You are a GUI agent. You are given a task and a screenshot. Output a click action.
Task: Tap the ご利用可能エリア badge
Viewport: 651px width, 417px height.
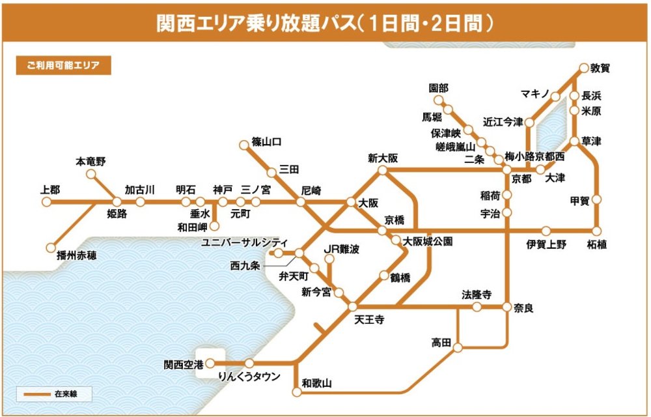point(63,66)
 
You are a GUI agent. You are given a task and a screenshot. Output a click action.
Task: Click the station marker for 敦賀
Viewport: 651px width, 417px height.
point(583,68)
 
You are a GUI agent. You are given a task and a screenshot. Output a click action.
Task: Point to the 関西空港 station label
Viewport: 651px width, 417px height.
point(182,364)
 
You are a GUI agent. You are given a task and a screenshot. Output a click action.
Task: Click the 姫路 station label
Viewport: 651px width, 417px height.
point(117,214)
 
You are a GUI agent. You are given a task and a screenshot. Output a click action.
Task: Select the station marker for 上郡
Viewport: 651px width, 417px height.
point(46,202)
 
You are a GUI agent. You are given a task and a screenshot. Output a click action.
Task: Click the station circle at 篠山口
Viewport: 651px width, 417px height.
point(245,143)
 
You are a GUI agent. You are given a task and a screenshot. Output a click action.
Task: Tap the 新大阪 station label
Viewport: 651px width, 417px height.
point(383,158)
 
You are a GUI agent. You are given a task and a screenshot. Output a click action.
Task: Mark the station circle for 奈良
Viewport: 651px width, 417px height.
point(507,306)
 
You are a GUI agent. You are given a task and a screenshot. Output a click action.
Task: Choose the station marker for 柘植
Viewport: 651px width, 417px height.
point(596,231)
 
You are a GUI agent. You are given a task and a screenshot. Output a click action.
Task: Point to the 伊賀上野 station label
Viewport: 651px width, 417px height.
point(547,245)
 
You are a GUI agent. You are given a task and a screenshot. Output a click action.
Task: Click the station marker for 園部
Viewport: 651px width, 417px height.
point(439,101)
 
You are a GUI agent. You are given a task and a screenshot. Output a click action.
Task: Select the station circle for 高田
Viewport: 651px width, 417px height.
point(458,347)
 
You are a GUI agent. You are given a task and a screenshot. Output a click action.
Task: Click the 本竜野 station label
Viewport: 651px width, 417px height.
point(90,161)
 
